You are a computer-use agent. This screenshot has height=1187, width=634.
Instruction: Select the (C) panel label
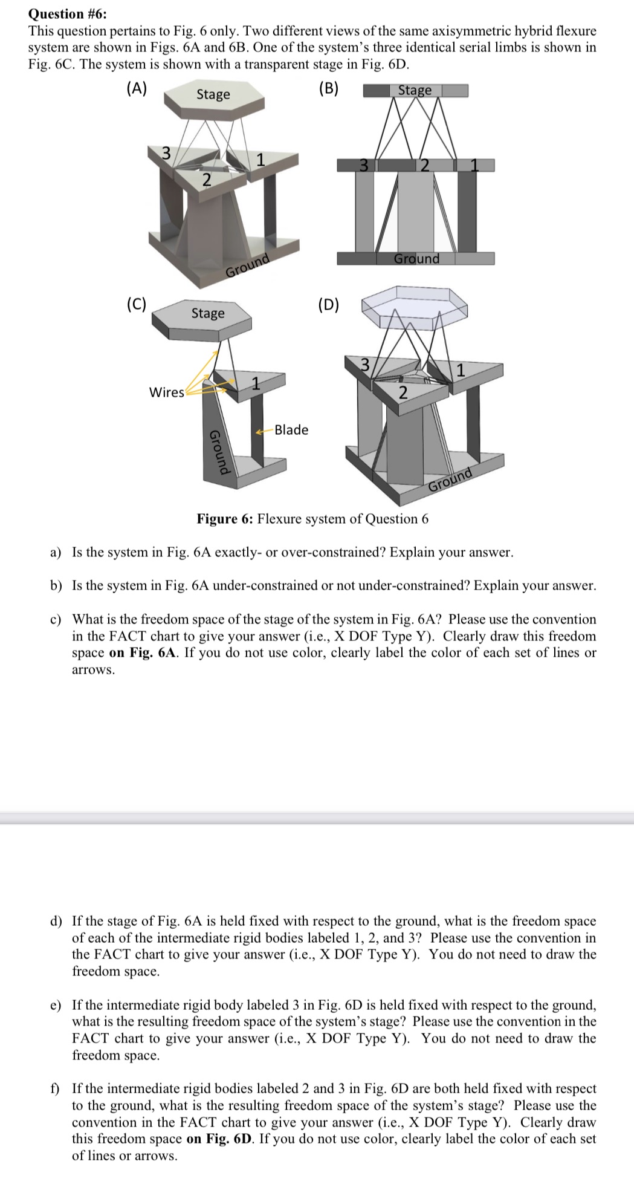click(x=136, y=304)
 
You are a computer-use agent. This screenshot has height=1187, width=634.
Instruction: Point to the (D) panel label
click(x=328, y=304)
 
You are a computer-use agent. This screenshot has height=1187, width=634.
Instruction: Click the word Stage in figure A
click(x=213, y=94)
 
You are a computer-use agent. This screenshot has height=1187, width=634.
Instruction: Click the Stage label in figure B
click(x=415, y=90)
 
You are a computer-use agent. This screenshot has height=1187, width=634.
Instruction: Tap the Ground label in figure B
click(x=416, y=259)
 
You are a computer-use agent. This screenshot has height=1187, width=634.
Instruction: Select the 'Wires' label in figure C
click(x=166, y=392)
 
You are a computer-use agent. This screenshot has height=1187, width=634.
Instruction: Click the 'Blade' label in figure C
click(x=291, y=430)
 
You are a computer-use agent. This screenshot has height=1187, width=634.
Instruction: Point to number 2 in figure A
click(x=206, y=180)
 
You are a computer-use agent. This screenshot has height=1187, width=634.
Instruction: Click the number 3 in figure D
click(x=364, y=365)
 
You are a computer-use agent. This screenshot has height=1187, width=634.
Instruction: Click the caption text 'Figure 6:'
click(x=225, y=519)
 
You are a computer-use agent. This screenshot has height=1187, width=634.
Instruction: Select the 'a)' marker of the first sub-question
click(x=56, y=552)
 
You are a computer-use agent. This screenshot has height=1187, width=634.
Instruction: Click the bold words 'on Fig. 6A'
click(x=143, y=653)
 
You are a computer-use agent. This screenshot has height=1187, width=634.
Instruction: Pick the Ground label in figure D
click(x=450, y=480)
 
